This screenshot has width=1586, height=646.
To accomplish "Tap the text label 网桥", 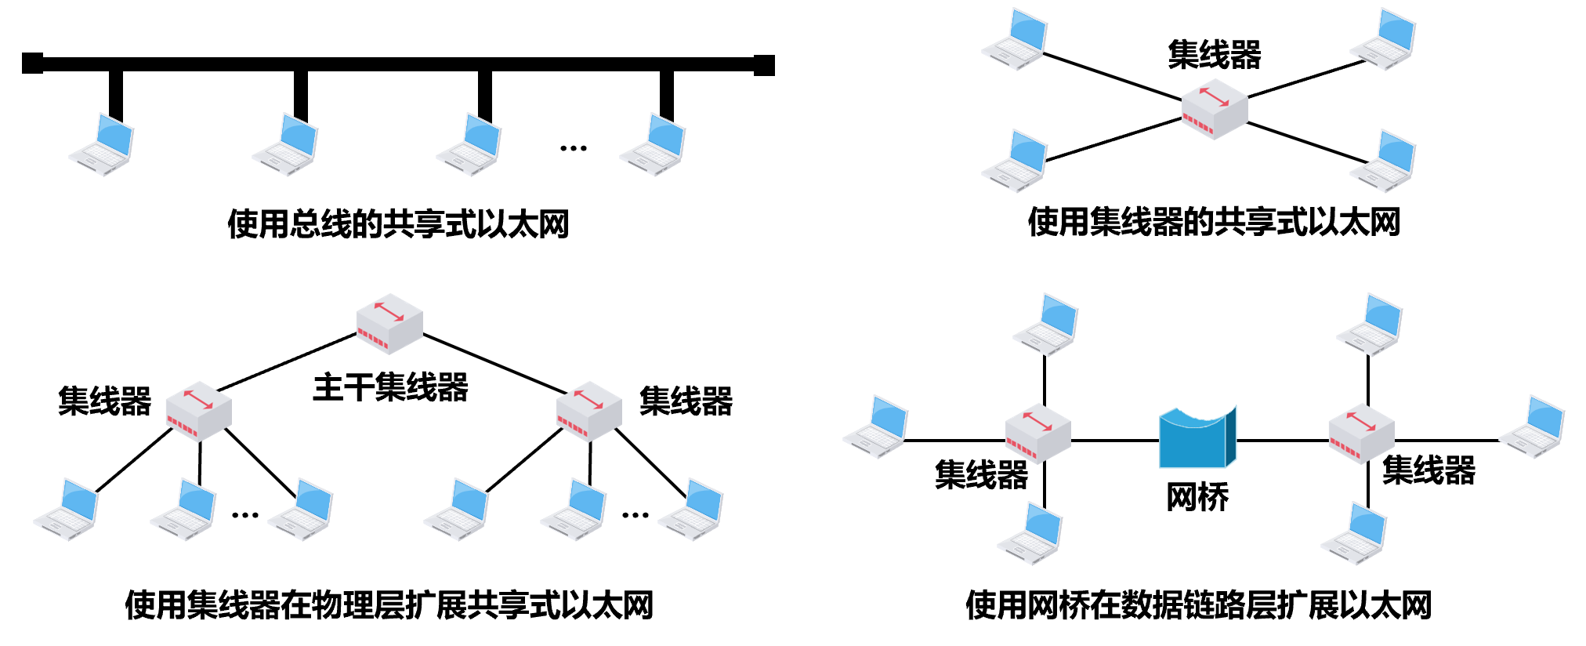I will [x=1197, y=497].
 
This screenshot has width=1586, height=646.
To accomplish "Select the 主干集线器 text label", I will [x=390, y=388].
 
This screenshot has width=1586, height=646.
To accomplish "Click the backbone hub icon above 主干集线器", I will [x=389, y=324].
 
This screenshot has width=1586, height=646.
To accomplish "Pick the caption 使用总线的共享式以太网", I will [x=398, y=224].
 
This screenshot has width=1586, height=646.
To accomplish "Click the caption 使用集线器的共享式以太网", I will [x=1214, y=223].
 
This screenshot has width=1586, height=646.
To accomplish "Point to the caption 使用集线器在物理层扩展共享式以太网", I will [x=389, y=605].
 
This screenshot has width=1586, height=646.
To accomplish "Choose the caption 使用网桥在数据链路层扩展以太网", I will [x=1198, y=605].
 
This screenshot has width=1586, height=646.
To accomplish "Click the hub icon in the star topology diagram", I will [x=1214, y=109].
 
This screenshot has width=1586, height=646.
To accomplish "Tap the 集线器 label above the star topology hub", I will [x=1214, y=55].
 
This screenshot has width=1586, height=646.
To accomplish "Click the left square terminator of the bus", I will [x=32, y=64].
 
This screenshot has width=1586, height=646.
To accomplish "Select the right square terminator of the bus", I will [x=764, y=65].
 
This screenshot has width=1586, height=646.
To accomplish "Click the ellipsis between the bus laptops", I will [x=574, y=147].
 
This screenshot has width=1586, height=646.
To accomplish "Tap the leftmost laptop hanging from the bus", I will [x=102, y=145].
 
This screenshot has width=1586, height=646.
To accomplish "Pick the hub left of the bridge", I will [x=1037, y=433].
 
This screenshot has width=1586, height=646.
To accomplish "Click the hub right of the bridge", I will [x=1361, y=434].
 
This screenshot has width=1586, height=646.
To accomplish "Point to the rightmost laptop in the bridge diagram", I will [x=1533, y=427].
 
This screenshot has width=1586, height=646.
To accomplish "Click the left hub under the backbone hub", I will [x=199, y=410].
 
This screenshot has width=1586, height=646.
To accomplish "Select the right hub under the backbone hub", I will [x=589, y=410].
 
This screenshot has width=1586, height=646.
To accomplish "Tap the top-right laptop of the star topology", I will [x=1384, y=39].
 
